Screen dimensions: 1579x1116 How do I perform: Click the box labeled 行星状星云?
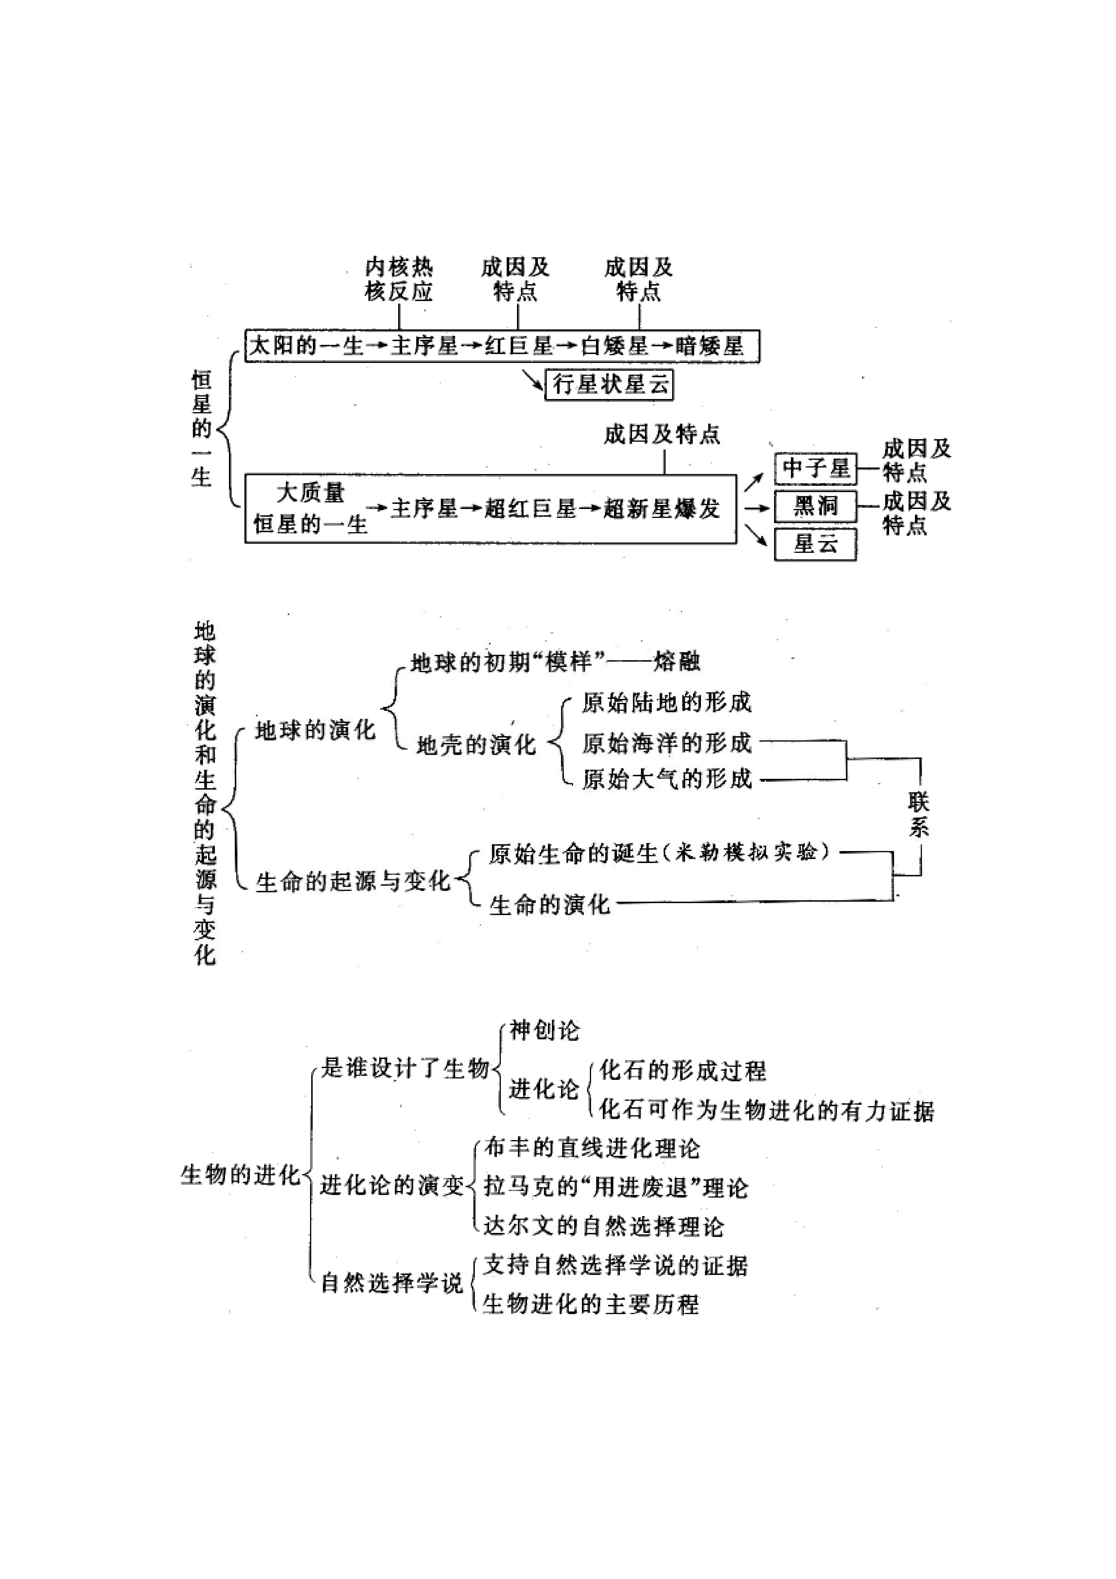tap(609, 384)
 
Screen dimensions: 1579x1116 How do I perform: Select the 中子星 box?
tap(816, 469)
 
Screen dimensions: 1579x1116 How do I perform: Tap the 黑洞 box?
tap(816, 507)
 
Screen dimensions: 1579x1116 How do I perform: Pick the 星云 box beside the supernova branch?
tap(816, 545)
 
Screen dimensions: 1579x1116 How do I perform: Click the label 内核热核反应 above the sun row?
tap(399, 279)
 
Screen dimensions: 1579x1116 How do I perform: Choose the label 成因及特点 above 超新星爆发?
tap(662, 435)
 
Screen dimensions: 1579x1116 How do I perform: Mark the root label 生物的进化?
tap(241, 1175)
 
